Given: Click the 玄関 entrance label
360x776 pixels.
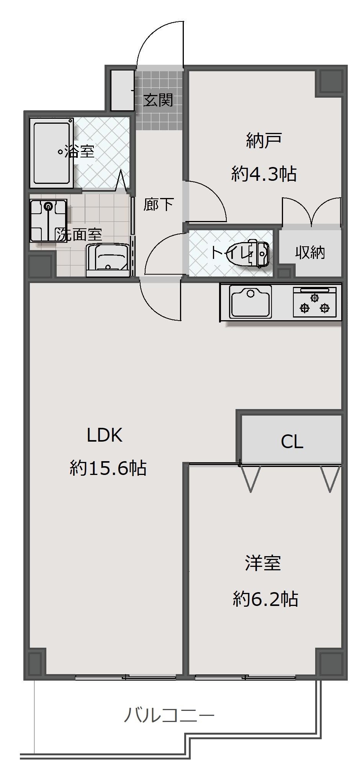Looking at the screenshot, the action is tap(158, 100).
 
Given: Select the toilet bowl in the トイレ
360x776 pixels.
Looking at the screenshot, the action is tap(249, 253).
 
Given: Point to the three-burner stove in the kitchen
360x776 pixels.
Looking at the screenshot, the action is tap(315, 302).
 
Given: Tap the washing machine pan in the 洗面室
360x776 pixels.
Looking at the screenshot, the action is tap(49, 221).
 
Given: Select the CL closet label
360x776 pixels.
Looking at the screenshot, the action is tap(292, 442).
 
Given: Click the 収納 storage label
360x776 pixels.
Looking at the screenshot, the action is tap(310, 252).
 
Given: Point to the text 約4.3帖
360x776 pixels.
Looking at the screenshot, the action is tap(264, 174).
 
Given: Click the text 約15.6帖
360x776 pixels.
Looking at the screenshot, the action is tap(108, 468).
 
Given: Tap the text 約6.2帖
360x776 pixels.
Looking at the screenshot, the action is tap(265, 599).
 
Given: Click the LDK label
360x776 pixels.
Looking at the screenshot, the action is tap(105, 435).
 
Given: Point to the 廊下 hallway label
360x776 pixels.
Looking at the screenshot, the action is tap(159, 205).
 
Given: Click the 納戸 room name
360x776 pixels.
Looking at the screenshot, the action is tap(264, 141).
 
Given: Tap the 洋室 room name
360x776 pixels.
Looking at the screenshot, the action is tap(263, 563).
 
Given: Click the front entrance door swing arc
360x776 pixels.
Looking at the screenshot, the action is tap(147, 35).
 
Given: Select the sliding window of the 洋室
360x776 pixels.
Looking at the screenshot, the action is tap(245, 678).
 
